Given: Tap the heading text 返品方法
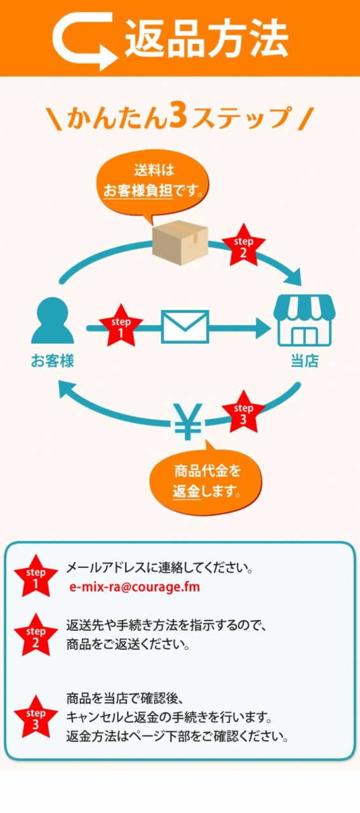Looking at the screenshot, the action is (x=206, y=39).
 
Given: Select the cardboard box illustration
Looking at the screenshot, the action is (x=180, y=243).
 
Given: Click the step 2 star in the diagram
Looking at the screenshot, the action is (x=243, y=246).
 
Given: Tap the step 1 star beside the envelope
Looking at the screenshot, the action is (x=121, y=326).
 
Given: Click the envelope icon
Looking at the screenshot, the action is (x=185, y=326).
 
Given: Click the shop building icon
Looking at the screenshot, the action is (x=304, y=320).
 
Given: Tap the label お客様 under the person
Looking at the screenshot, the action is (x=53, y=361).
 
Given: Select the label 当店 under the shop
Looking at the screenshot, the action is (x=305, y=361).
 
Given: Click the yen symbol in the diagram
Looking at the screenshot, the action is (x=188, y=421).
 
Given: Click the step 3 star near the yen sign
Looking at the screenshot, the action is (x=243, y=412).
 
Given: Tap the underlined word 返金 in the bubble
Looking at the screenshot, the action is (x=187, y=492).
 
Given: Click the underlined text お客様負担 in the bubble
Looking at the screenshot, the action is (x=138, y=190).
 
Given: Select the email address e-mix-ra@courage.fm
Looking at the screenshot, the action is (x=135, y=587).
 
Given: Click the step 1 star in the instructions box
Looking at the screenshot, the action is (x=36, y=576).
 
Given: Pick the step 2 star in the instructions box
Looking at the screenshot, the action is (x=36, y=635).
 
